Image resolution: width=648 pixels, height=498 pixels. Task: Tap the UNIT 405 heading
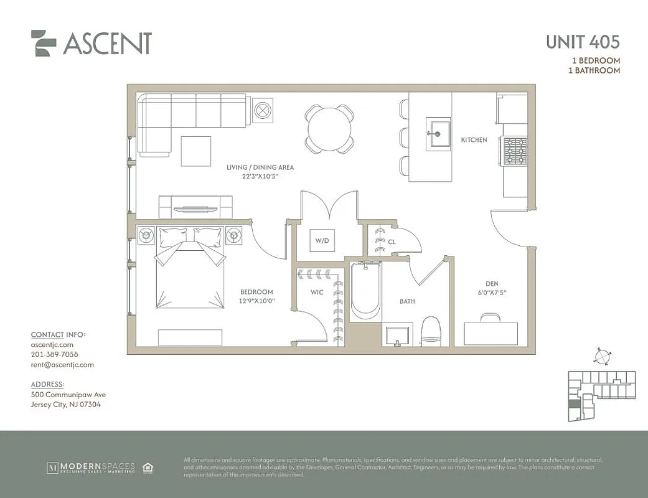[x=583, y=42]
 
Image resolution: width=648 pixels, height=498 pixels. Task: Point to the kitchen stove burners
[x=515, y=151]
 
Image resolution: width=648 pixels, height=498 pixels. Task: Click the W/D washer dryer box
[x=322, y=240]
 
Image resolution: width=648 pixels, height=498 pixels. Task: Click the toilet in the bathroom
[x=431, y=331]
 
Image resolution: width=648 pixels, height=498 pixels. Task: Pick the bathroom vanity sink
[x=397, y=335]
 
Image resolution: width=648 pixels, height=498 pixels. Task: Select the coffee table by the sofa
[x=196, y=151]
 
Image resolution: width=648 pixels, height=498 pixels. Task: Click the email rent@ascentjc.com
[x=62, y=365]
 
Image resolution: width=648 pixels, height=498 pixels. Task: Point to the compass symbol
[x=601, y=357]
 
